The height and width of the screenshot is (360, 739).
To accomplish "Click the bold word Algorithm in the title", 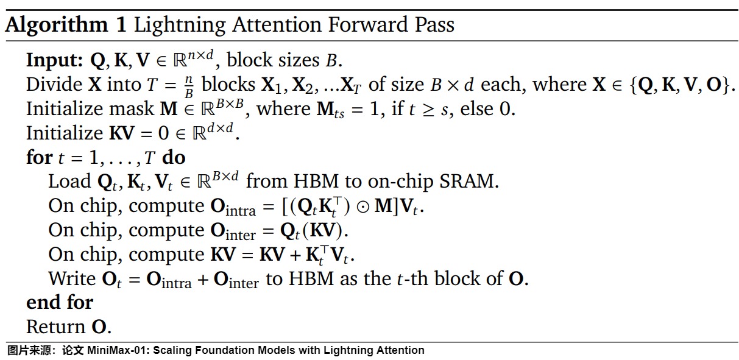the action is click(x=57, y=26).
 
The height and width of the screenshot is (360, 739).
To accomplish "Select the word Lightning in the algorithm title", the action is click(x=180, y=26).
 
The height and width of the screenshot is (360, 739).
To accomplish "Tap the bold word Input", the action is click(x=54, y=61).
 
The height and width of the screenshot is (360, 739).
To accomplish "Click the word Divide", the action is click(x=54, y=85).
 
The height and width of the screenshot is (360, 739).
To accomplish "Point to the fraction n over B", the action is click(x=189, y=86).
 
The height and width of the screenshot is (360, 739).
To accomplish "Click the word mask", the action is click(x=131, y=108).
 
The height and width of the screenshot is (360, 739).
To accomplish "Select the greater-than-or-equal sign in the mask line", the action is click(x=428, y=110).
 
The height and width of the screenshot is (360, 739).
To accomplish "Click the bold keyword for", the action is click(x=40, y=157).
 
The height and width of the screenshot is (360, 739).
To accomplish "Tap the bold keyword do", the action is click(x=174, y=157).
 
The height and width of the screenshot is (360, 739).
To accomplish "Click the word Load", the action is click(x=69, y=182).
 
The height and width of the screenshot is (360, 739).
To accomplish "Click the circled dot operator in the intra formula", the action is click(x=362, y=207).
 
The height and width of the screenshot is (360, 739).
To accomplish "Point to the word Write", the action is click(x=72, y=278).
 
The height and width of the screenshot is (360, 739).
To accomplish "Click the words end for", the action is click(x=60, y=302).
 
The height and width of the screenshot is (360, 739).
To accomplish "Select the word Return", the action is click(x=56, y=326).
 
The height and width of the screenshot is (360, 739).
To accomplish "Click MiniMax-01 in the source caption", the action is click(x=117, y=350).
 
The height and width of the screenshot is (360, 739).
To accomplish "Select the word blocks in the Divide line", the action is click(x=228, y=85).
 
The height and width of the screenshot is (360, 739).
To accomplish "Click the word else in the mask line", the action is click(x=476, y=108).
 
